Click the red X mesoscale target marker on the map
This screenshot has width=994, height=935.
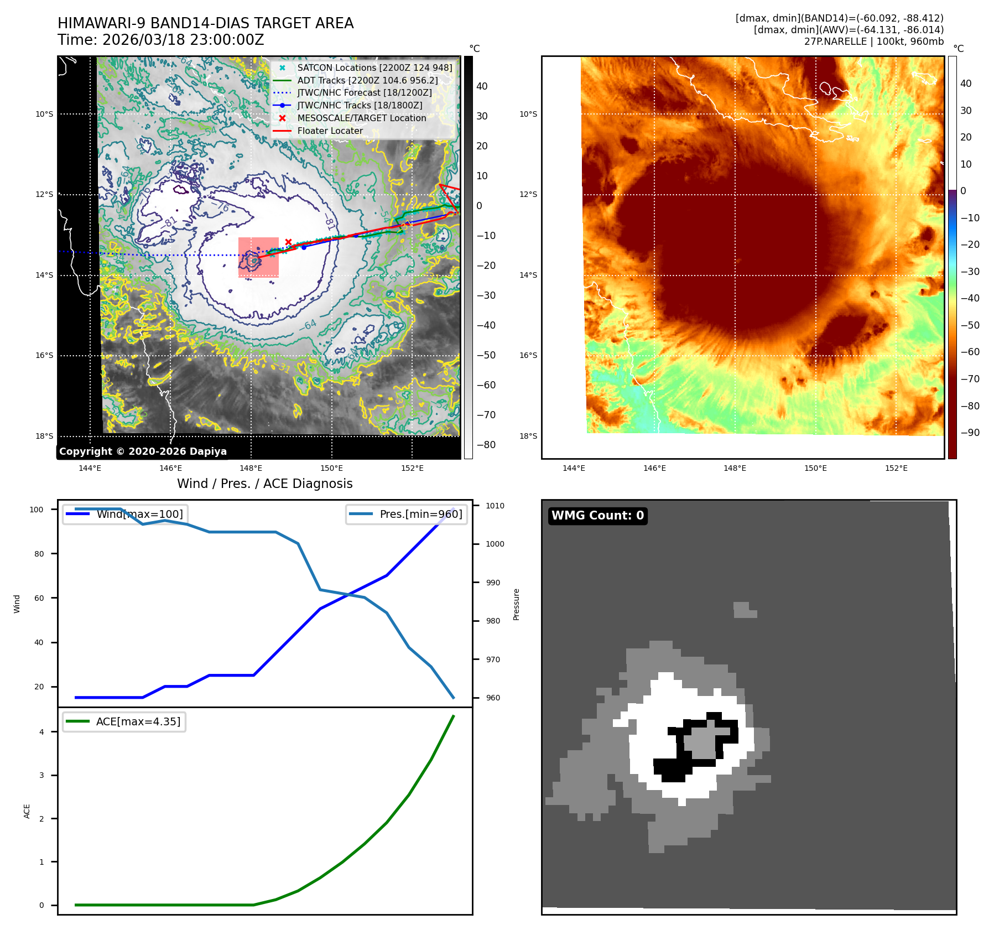tap(288, 242)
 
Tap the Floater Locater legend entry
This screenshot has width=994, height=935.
tap(330, 131)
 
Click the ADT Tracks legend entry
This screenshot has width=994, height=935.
tap(367, 80)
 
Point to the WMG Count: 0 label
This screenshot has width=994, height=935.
tap(597, 516)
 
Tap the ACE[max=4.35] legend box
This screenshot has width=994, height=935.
tap(124, 721)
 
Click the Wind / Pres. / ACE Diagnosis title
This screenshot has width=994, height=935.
tap(264, 484)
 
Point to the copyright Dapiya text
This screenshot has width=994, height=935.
tap(143, 451)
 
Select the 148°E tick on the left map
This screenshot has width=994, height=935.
tap(251, 468)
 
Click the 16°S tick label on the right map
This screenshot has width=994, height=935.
tap(528, 355)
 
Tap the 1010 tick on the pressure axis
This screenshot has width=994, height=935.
tap(495, 506)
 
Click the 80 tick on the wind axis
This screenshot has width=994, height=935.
tap(39, 554)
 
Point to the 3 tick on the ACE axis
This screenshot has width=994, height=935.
tap(41, 775)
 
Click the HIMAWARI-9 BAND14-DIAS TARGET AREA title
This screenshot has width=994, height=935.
tap(205, 23)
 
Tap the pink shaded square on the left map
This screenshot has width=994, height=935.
tap(258, 257)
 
